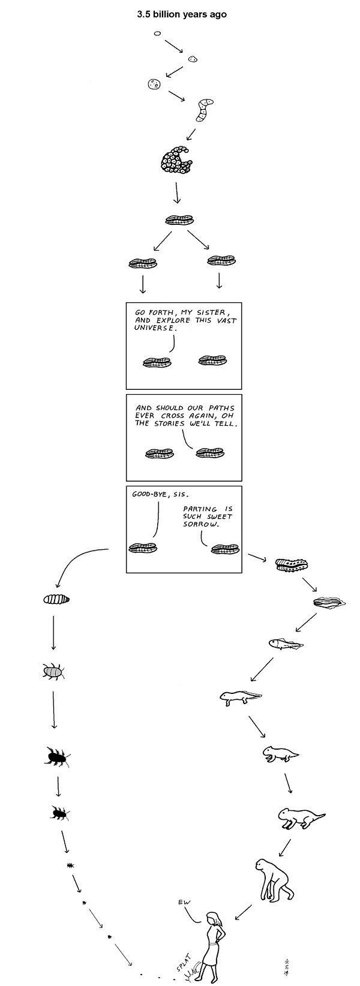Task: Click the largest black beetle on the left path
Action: [x=58, y=758]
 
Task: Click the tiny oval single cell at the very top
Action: [x=157, y=34]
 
